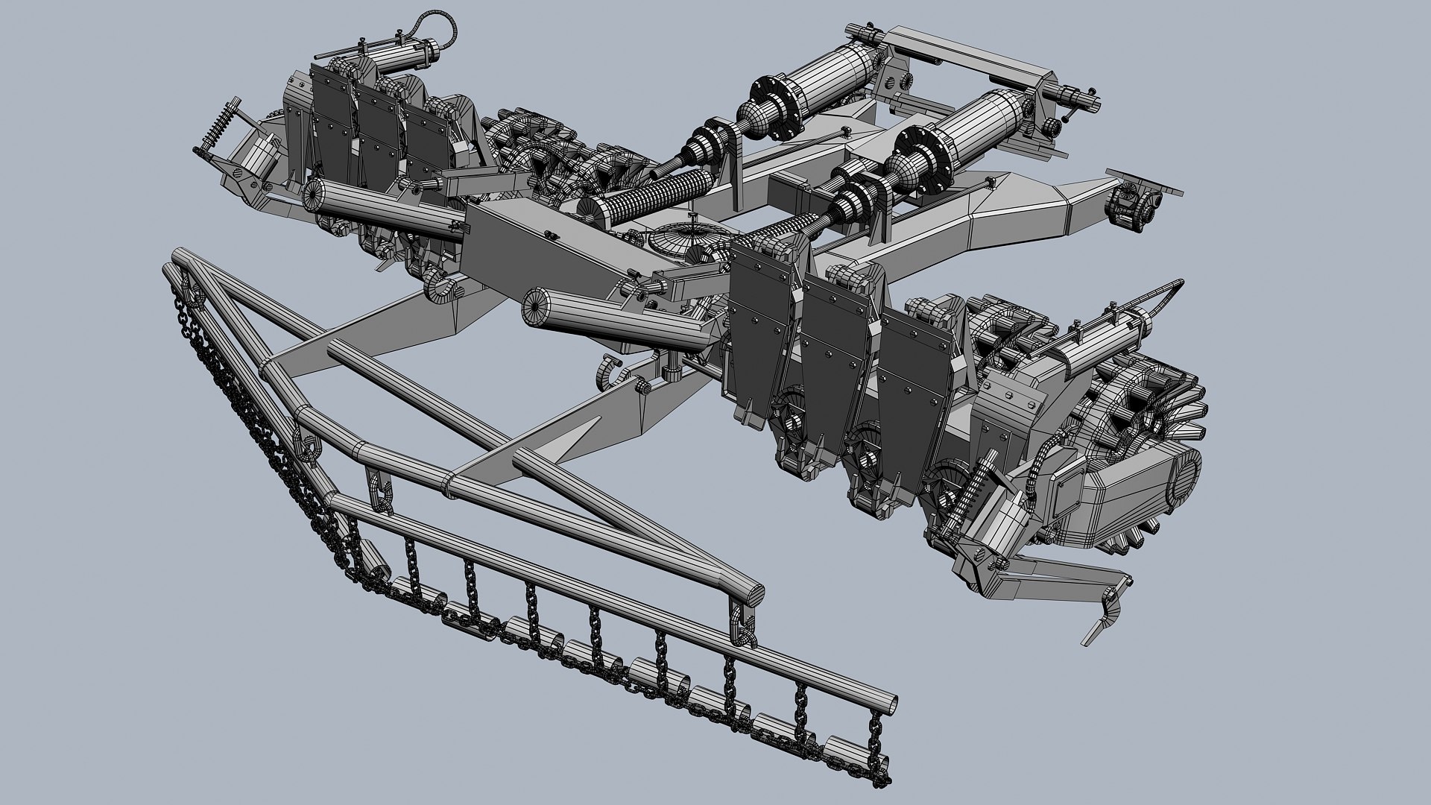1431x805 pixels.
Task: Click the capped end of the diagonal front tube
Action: tap(748, 595)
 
